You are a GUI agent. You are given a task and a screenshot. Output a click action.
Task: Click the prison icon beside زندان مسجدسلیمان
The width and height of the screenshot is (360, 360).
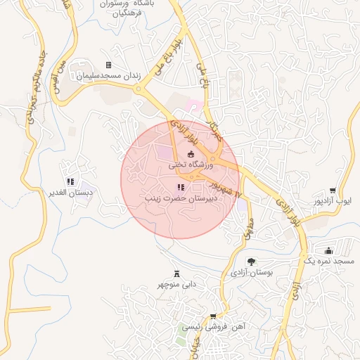[108, 65]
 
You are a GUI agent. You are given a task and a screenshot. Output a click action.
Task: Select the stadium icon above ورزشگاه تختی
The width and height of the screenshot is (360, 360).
[191, 154]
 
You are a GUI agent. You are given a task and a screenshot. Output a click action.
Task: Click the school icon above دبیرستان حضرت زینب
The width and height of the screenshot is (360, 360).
[181, 187]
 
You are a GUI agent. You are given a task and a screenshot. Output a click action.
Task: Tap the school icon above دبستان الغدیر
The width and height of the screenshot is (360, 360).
[70, 164]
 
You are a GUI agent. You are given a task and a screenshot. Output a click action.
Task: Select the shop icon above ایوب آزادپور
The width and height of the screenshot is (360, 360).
[333, 191]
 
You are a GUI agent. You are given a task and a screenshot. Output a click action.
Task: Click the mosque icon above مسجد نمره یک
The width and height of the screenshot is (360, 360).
[328, 250]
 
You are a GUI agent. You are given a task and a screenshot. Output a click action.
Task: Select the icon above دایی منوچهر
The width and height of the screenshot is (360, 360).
[176, 274]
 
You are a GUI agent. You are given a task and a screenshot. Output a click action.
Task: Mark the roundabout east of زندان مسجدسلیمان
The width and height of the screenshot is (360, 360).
[144, 89]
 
